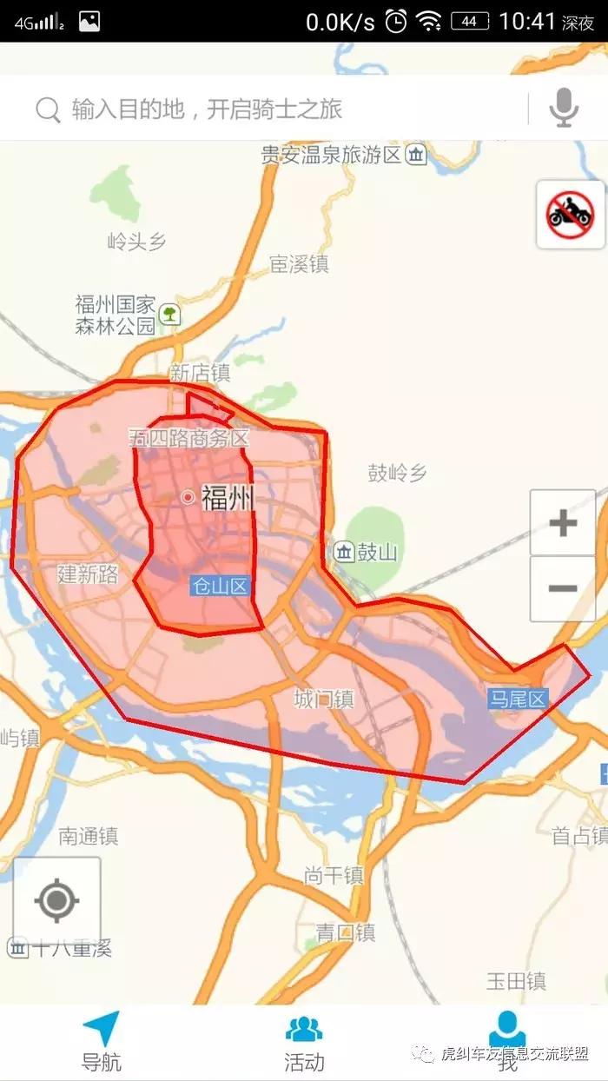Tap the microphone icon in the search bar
564,108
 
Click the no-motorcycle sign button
570,214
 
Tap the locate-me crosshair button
57,900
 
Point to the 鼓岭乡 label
398,474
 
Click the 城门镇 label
324,699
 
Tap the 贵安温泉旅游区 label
332,156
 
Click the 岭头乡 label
135,242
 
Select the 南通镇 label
88,837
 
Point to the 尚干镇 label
334,876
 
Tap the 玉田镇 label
516,982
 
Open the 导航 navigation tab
102,1041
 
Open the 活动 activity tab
304,1041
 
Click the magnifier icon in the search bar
48,109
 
